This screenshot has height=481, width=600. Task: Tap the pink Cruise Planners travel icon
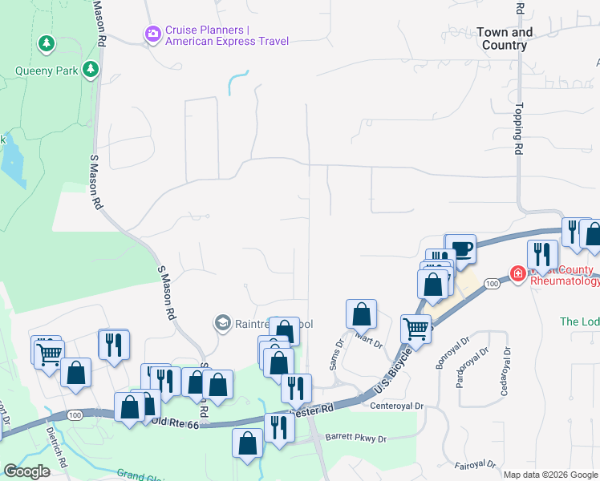pyautogui.click(x=152, y=34)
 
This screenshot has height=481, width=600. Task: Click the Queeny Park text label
pyautogui.click(x=47, y=71)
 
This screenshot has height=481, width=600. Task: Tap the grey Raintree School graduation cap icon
pyautogui.click(x=222, y=323)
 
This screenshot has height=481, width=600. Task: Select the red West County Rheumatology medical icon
pyautogui.click(x=517, y=274)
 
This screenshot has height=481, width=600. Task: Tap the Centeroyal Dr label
pyautogui.click(x=395, y=406)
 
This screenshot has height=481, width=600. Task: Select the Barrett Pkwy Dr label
pyautogui.click(x=357, y=439)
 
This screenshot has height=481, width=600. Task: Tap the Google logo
pyautogui.click(x=26, y=471)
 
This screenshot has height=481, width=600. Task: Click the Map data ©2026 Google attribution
pyautogui.click(x=550, y=475)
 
